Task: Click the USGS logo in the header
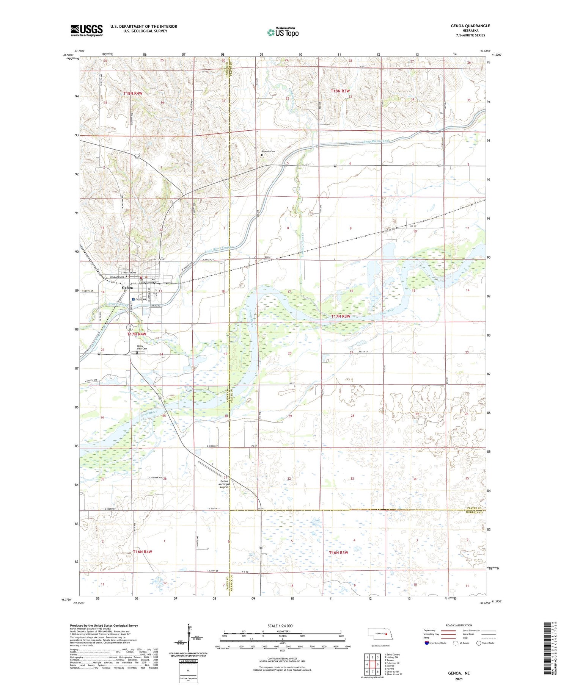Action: pyautogui.click(x=86, y=30)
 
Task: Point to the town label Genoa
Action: pyautogui.click(x=127, y=288)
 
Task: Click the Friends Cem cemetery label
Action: pyautogui.click(x=268, y=151)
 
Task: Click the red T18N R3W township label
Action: pyautogui.click(x=340, y=91)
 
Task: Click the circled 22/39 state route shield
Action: pyautogui.click(x=130, y=327)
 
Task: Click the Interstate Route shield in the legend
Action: pyautogui.click(x=427, y=643)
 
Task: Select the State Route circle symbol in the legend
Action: pyautogui.click(x=479, y=643)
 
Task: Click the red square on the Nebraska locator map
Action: pyautogui.click(x=386, y=633)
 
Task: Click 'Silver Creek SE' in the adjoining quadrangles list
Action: pyautogui.click(x=394, y=674)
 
